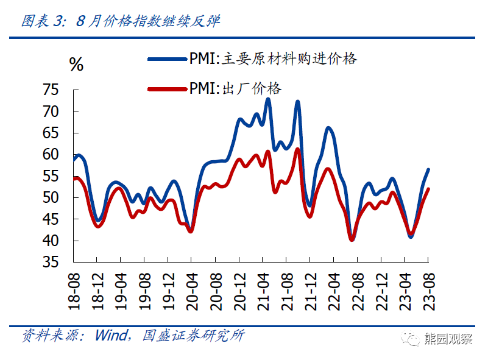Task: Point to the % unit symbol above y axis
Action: tap(76, 65)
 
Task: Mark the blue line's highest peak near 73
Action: tap(268, 99)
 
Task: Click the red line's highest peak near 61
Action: tap(298, 149)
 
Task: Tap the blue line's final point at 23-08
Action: tap(429, 169)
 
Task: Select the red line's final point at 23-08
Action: tap(429, 189)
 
